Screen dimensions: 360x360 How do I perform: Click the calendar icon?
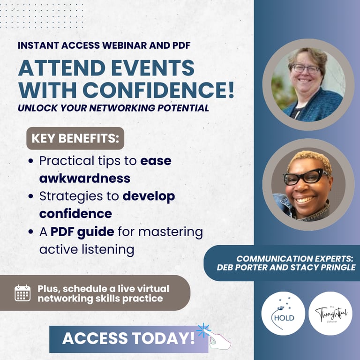[x=22, y=293]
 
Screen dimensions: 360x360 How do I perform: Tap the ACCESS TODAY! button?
[x=129, y=339]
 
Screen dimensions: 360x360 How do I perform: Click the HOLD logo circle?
[x=283, y=314]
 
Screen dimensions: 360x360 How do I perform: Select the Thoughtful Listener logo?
[x=330, y=314]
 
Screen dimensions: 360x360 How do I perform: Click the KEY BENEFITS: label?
[x=75, y=138]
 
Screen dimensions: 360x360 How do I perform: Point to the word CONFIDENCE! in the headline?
[x=158, y=90]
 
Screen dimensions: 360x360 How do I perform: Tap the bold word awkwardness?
[x=85, y=179]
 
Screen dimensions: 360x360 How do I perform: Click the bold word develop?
[x=149, y=197]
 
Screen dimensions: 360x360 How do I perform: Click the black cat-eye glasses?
[x=305, y=176]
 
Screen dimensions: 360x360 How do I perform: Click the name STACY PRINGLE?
[x=323, y=268]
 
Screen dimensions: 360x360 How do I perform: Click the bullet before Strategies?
[x=31, y=196]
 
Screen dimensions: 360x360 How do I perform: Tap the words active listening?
[x=87, y=249]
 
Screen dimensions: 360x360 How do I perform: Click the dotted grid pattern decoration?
[x=42, y=16]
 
